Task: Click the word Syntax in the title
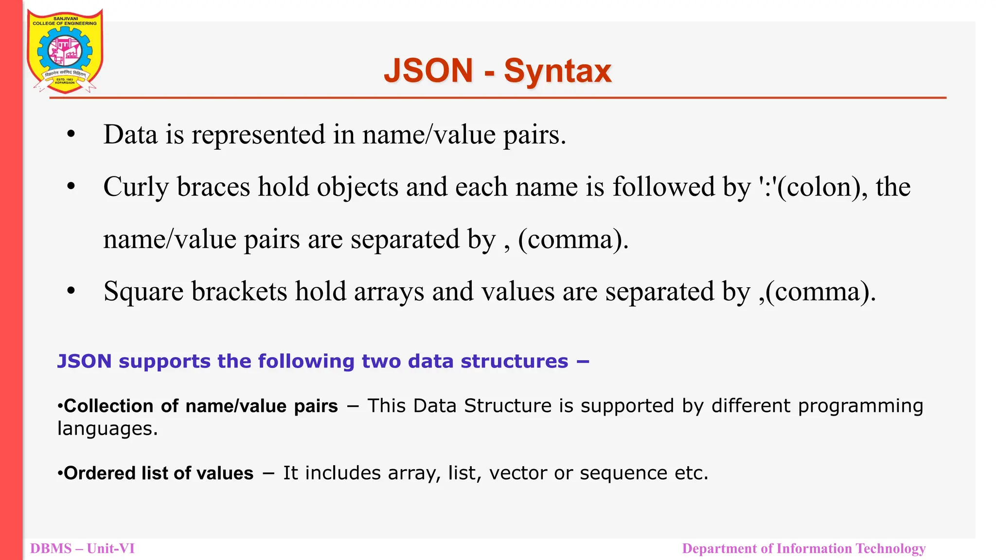557,71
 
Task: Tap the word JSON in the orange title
428,71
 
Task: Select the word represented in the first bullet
258,135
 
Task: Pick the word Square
143,292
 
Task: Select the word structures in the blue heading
514,361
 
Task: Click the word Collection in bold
108,406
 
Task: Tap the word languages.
107,429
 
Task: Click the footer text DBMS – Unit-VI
82,549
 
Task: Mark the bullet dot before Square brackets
71,291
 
